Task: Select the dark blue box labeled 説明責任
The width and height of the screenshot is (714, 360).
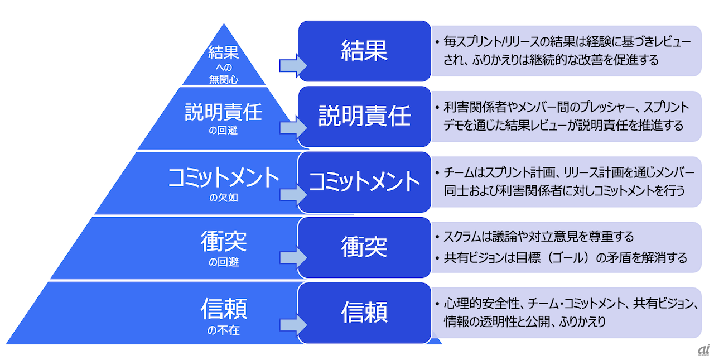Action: [364, 116]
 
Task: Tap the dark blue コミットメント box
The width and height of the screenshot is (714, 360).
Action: [364, 182]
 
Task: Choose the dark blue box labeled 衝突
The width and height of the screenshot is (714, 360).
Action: [364, 247]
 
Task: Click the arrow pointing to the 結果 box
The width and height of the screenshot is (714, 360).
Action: [292, 66]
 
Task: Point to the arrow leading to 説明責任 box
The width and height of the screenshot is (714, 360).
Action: [292, 128]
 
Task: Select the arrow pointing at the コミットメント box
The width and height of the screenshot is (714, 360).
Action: [292, 194]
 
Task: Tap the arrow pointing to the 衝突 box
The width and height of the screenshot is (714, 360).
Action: [292, 257]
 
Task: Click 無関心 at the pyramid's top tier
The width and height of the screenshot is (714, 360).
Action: [224, 79]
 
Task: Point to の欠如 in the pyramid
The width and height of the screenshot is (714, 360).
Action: [224, 196]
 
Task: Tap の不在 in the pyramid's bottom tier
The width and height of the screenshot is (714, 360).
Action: [224, 329]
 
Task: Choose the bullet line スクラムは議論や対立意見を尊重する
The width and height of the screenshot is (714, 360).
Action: [538, 237]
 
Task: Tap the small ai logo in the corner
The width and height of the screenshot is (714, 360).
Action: [702, 349]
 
